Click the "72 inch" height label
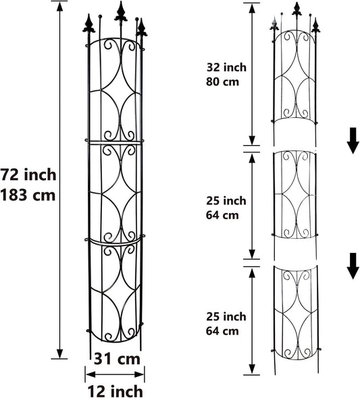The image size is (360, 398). tap(28, 175)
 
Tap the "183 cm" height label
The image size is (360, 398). tap(28, 195)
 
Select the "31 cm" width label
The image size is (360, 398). tap(115, 359)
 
